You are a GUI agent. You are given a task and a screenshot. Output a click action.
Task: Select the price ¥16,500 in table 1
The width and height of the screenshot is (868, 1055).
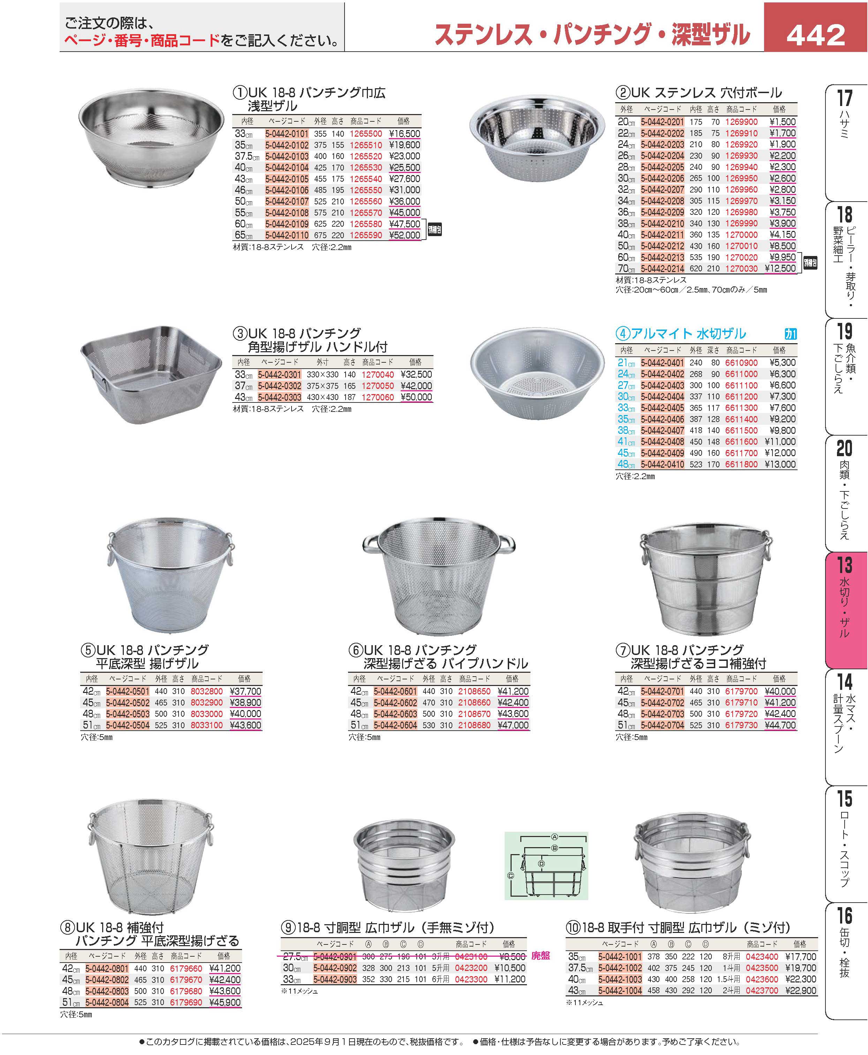point(405,134)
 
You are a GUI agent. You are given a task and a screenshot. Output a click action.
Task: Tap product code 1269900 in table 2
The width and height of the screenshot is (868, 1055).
point(741,122)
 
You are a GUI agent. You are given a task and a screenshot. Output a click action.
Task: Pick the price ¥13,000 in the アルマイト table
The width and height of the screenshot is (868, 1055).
point(780,465)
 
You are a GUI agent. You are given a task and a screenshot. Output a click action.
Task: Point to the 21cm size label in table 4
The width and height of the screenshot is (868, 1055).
point(626,363)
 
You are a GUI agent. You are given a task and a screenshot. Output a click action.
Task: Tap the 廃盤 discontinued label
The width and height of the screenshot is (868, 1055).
point(540,956)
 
